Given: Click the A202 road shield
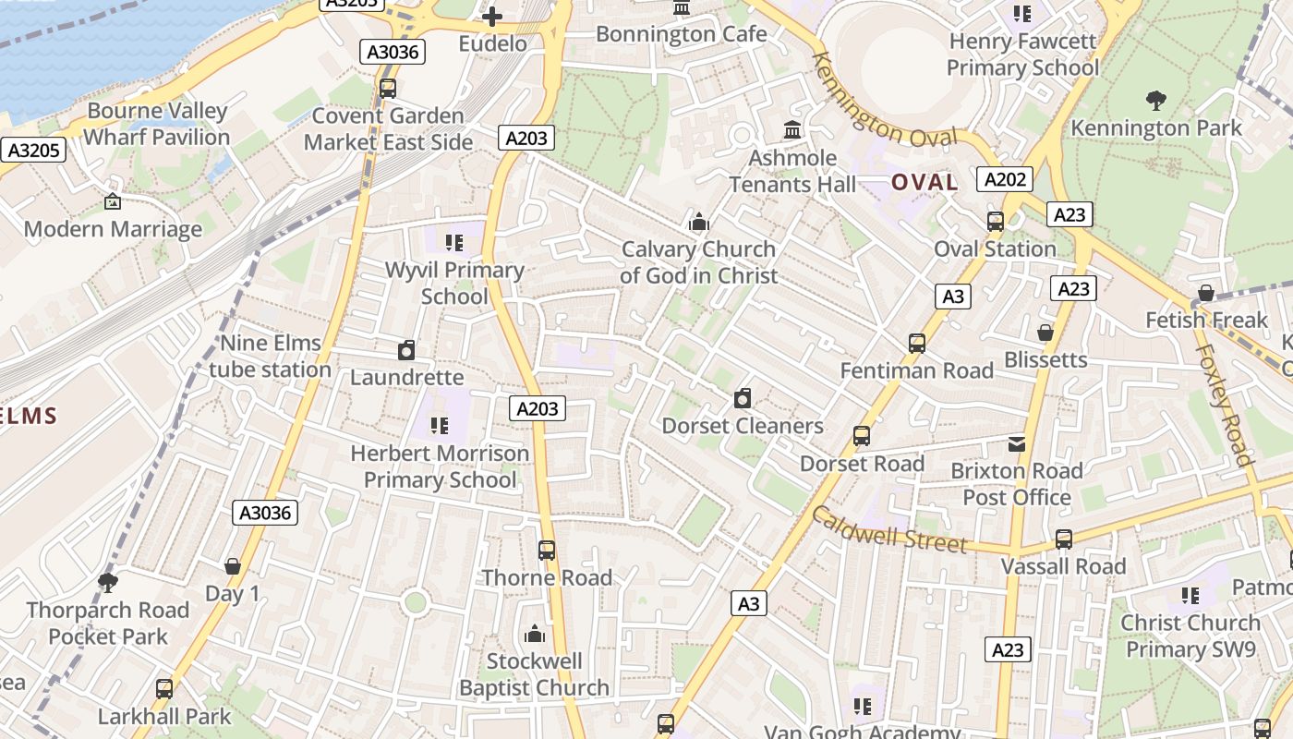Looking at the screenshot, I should click(x=1004, y=179).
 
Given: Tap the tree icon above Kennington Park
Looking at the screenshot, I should click(x=1155, y=100).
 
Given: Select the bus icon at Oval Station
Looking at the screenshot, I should click(x=995, y=222).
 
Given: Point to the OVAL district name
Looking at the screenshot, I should click(x=924, y=182).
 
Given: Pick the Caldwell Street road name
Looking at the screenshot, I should click(x=888, y=529).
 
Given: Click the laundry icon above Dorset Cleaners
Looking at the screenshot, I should click(x=742, y=399).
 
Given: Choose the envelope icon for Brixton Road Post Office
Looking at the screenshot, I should click(x=1017, y=444).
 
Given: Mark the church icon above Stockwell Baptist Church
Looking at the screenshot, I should click(x=534, y=635).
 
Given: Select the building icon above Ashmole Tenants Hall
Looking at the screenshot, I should click(x=792, y=130).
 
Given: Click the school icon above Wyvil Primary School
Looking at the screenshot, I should click(x=453, y=243).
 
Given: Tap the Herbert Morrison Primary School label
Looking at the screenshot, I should click(x=440, y=466).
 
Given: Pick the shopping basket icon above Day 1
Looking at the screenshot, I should click(x=232, y=566).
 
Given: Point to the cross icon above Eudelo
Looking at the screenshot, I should click(x=492, y=16).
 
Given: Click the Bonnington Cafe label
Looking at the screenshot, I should click(x=681, y=34).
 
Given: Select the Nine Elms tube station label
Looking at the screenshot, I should click(x=270, y=357).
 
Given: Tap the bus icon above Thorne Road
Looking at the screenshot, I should click(x=547, y=551).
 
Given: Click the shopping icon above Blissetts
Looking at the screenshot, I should click(x=1045, y=333).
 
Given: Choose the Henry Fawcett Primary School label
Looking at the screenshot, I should click(x=1022, y=55).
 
